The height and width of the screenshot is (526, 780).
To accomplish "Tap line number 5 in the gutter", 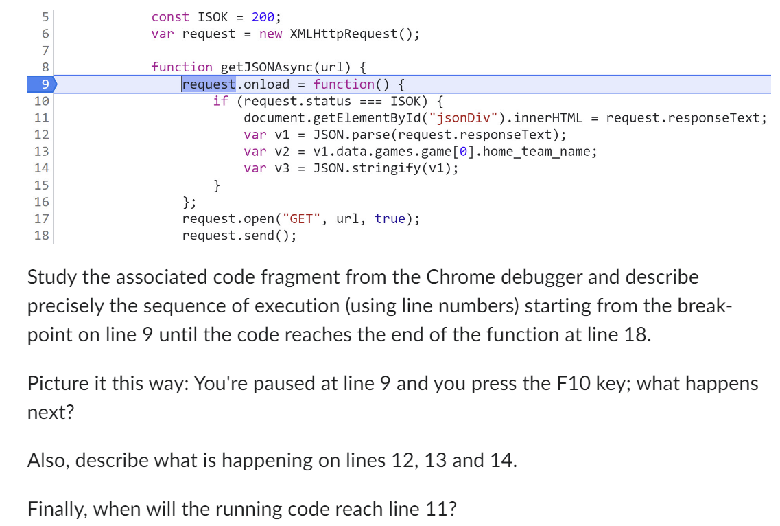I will (45, 16).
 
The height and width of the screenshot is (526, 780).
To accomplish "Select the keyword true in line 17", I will (390, 219).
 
